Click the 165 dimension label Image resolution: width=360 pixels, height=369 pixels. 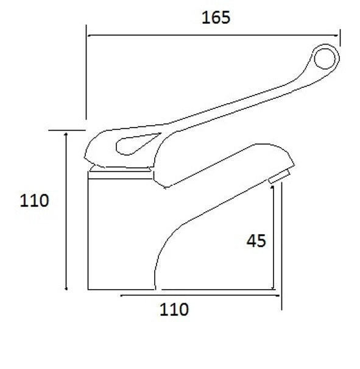pyautogui.click(x=216, y=18)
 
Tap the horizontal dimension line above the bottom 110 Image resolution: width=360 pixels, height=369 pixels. pyautogui.click(x=201, y=296)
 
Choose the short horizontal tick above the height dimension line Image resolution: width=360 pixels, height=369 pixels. pyautogui.click(x=66, y=130)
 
